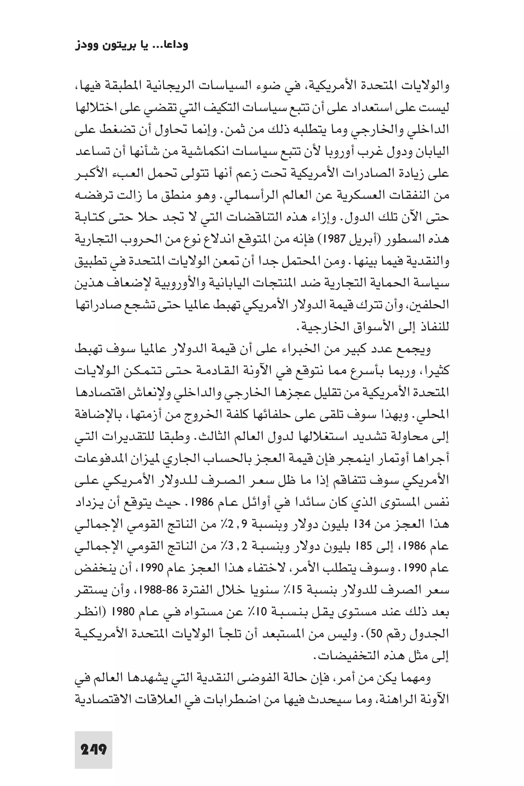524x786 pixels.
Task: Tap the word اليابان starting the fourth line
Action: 433,152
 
